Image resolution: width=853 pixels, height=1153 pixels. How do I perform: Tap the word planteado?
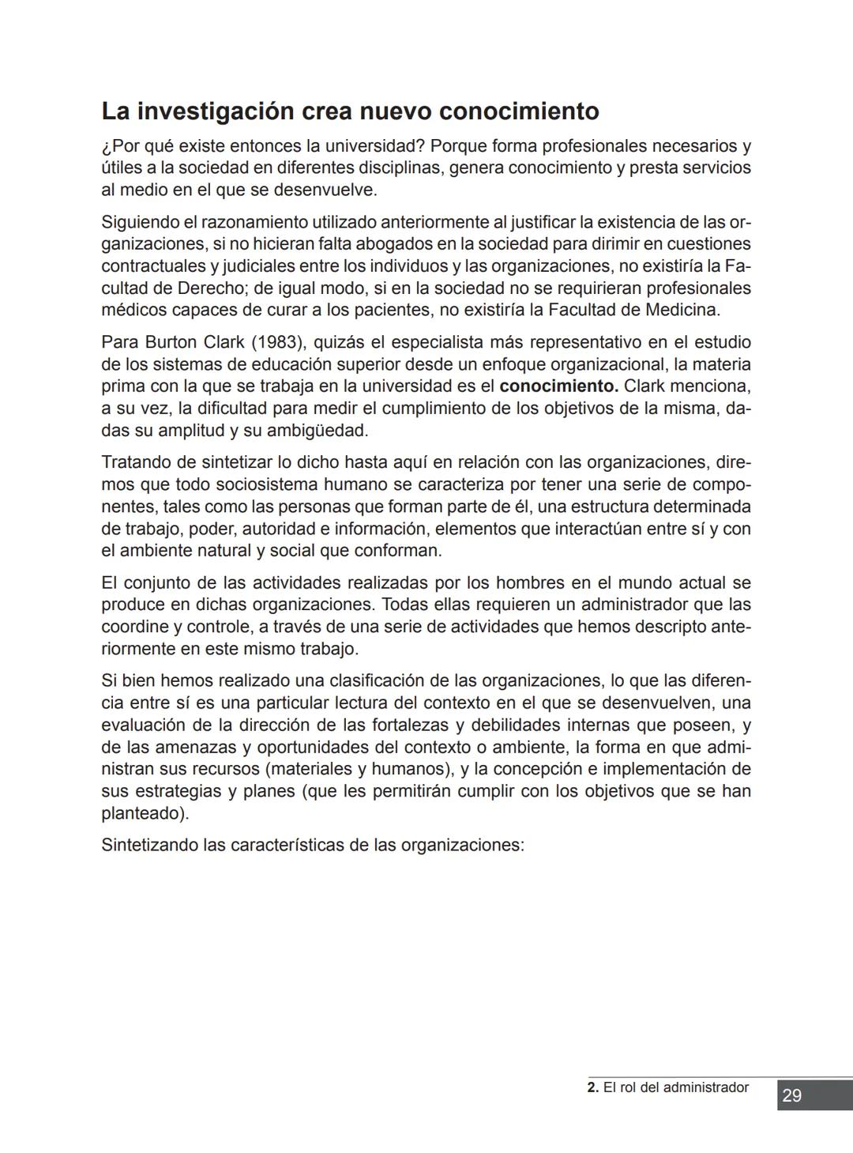point(145,813)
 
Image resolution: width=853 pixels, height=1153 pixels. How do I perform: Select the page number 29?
point(792,1095)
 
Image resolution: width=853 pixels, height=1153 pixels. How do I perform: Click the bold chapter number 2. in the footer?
point(593,1088)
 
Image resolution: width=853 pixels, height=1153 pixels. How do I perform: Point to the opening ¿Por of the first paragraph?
point(116,147)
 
